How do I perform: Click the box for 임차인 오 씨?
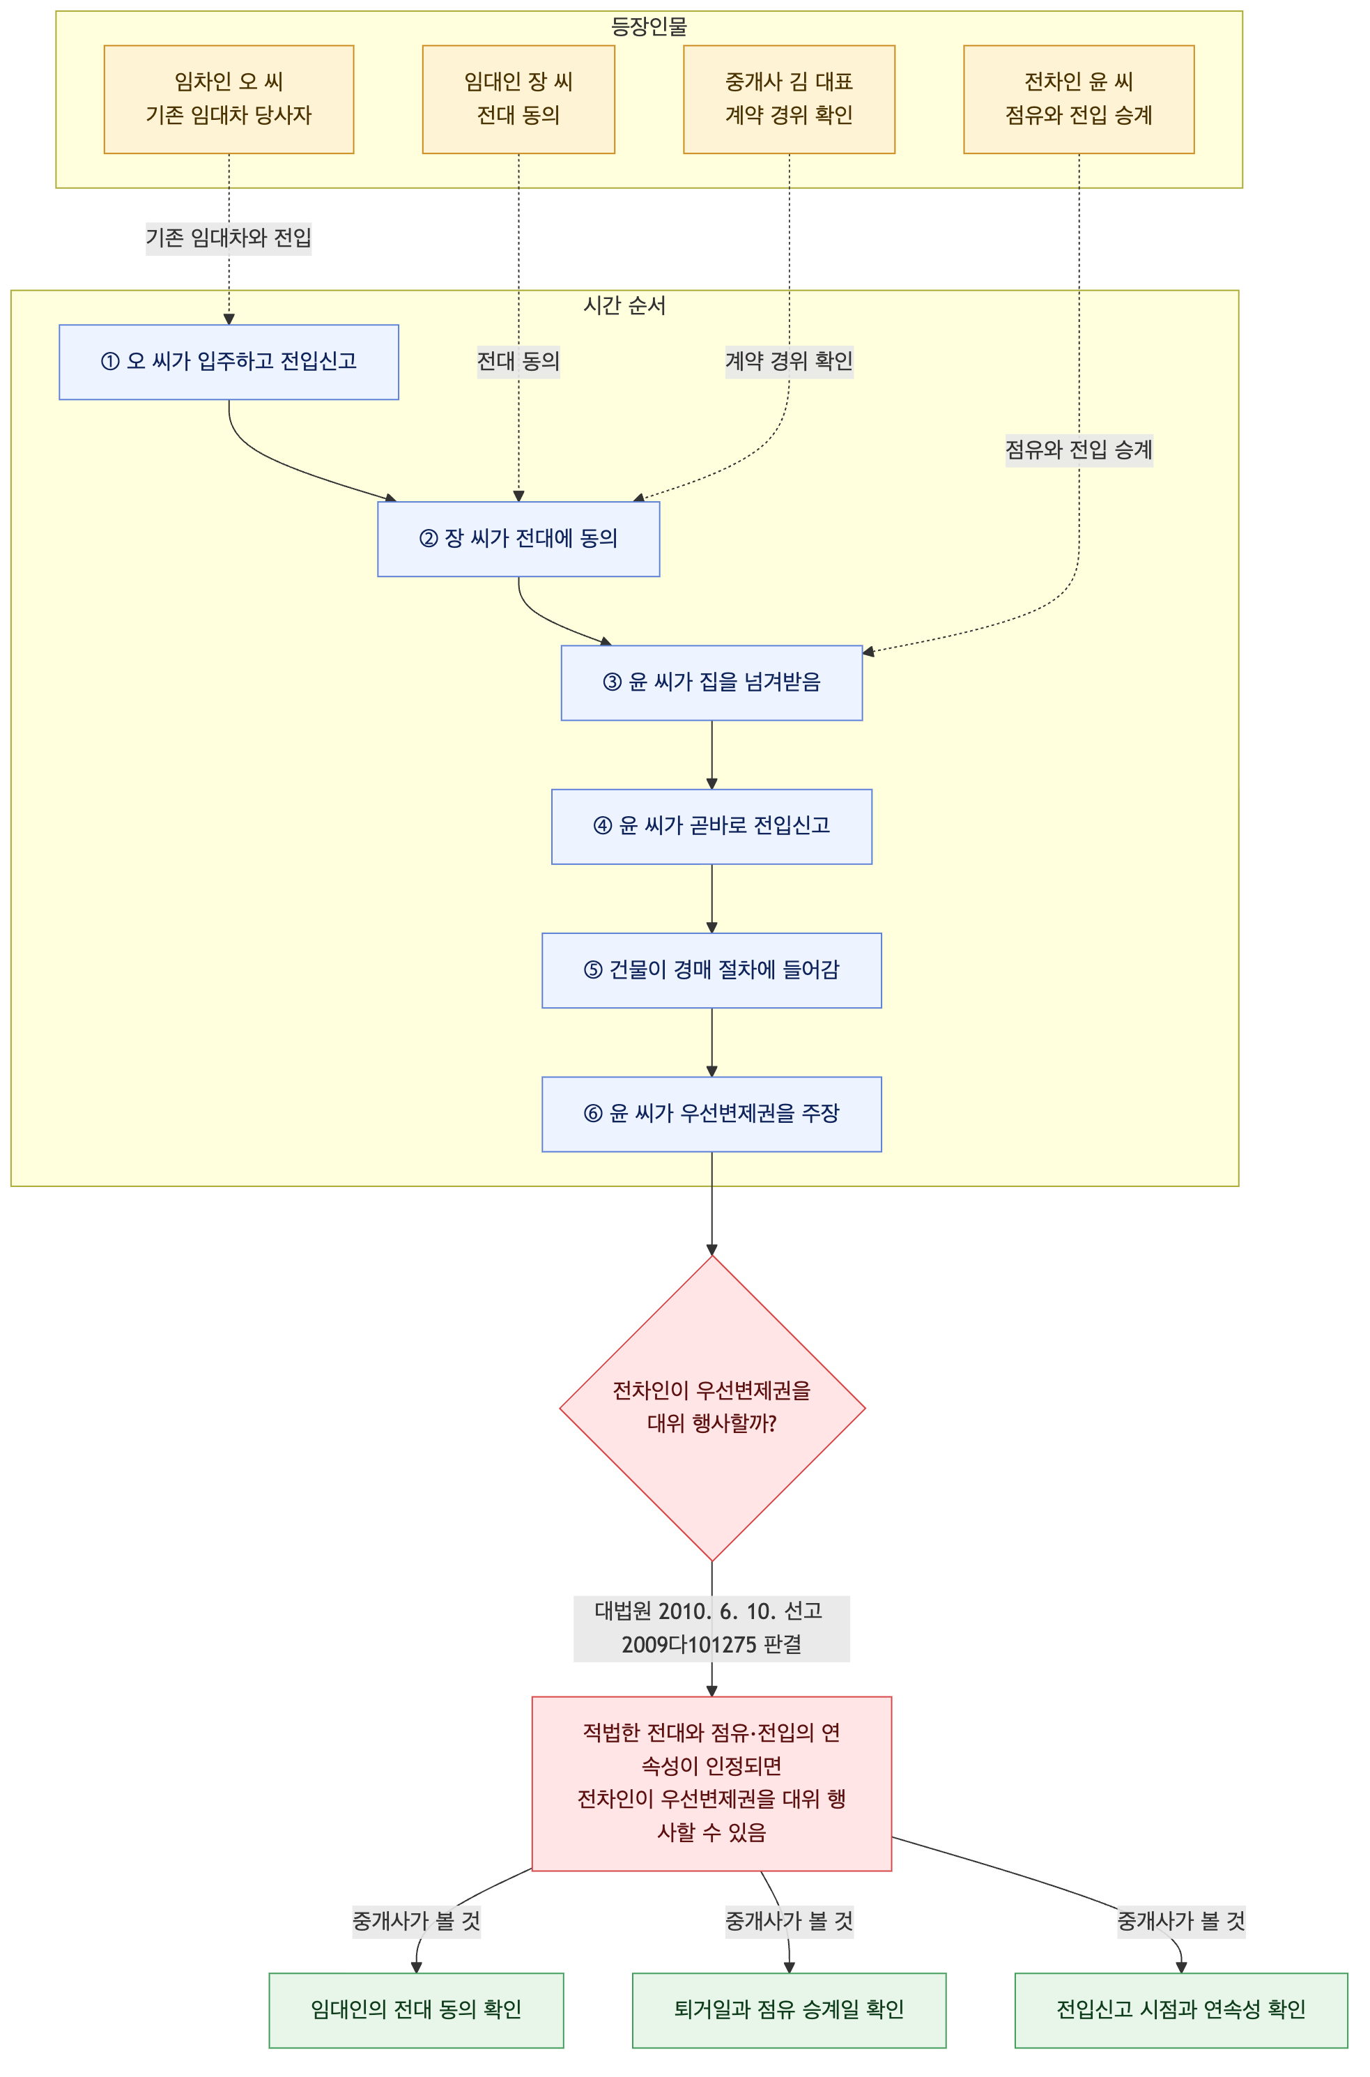pos(229,100)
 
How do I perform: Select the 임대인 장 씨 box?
pos(518,100)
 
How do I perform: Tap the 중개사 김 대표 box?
pos(789,100)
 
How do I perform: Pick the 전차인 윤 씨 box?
pos(1079,100)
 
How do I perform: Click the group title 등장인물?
pos(649,27)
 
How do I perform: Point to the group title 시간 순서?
pos(624,306)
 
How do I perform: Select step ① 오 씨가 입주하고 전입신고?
pos(229,362)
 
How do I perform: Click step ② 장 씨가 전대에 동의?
pos(518,539)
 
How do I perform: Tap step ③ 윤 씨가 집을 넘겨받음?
pos(712,683)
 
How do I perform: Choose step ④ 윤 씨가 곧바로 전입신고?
pos(712,827)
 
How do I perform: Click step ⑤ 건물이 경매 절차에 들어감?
pos(712,971)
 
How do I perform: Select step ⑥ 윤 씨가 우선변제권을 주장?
pos(712,1114)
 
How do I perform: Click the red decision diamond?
pos(712,1409)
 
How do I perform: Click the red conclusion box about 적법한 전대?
pos(712,1784)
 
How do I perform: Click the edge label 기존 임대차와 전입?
pos(229,238)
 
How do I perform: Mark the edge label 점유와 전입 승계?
pos(1079,450)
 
